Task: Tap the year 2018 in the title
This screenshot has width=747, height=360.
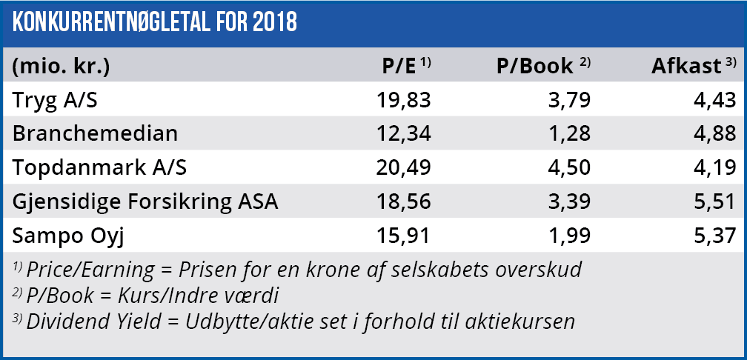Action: click(x=273, y=22)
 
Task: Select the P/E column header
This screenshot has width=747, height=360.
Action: click(x=399, y=66)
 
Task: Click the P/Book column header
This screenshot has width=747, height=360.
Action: click(x=535, y=66)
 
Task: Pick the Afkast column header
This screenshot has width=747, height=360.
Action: click(x=686, y=66)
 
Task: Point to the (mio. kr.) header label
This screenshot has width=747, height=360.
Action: click(x=62, y=66)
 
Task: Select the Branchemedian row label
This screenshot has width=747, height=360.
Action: click(x=96, y=134)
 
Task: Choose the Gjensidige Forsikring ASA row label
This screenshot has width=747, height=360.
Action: click(x=145, y=201)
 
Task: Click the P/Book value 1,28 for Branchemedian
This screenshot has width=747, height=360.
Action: click(x=572, y=134)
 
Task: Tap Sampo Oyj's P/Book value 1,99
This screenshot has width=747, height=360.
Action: click(x=572, y=236)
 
